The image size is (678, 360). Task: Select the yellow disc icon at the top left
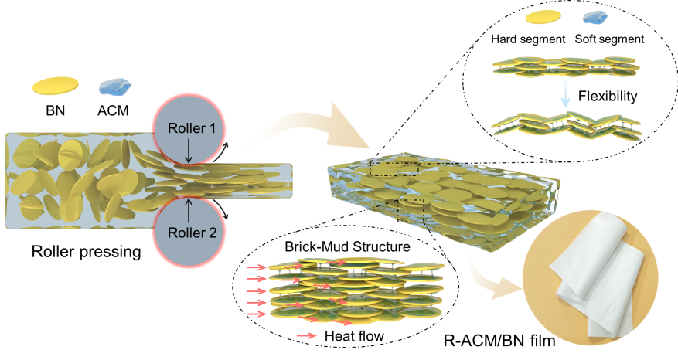click(x=56, y=84)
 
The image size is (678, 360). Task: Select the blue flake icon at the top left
click(x=115, y=86)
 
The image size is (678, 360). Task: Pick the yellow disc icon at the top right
click(x=542, y=17)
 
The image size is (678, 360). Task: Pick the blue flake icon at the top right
click(x=595, y=17)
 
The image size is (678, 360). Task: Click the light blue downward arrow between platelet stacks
click(x=566, y=93)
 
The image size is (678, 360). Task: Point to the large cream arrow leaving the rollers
click(x=309, y=127)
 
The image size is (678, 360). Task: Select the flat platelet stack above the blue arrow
click(x=565, y=66)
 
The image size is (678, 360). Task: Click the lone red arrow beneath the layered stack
click(x=307, y=335)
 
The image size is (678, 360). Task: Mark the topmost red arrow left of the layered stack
click(x=257, y=267)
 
